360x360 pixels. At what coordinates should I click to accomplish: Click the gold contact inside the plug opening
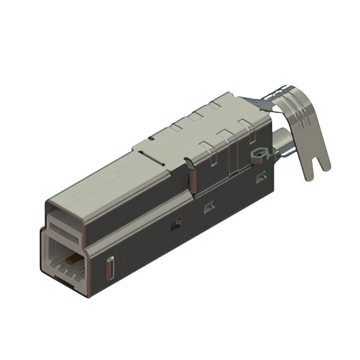click(x=71, y=260)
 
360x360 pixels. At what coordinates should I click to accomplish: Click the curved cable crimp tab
click(x=307, y=135)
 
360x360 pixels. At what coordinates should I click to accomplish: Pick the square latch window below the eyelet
click(x=261, y=178)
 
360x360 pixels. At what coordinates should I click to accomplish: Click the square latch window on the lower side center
click(x=209, y=208)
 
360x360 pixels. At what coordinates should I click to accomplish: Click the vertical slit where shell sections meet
click(x=191, y=180)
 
